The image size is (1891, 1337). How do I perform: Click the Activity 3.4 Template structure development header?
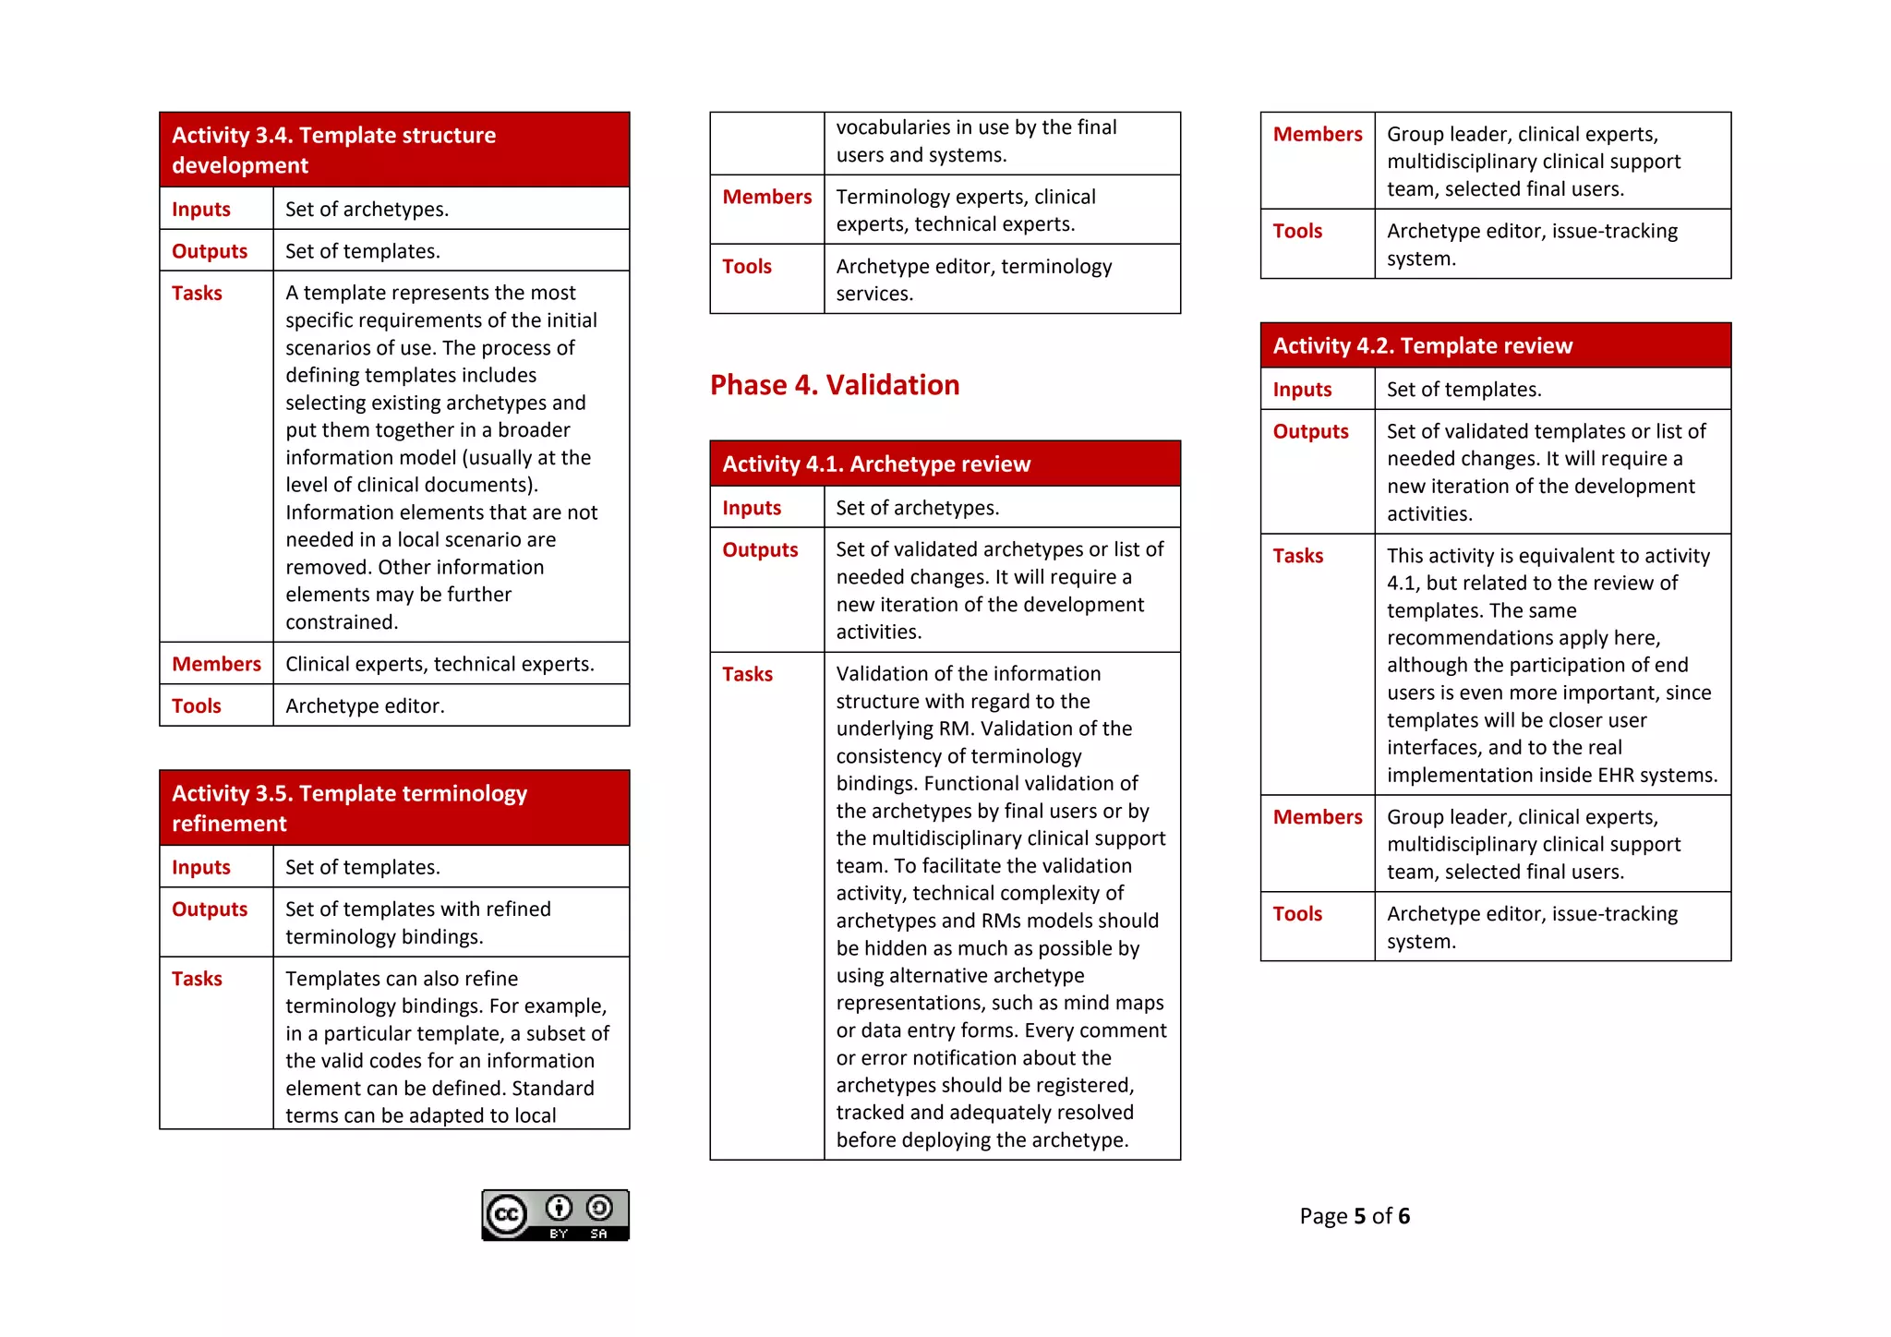tap(394, 150)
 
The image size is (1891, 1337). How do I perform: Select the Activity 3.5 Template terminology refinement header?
tap(394, 808)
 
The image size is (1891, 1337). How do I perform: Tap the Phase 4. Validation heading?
tap(835, 385)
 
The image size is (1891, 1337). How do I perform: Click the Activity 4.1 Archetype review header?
tap(945, 464)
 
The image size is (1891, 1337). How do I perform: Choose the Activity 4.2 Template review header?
tap(1495, 345)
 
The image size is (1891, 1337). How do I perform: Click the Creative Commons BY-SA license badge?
tap(555, 1215)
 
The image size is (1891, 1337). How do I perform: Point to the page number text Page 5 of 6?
tap(1354, 1216)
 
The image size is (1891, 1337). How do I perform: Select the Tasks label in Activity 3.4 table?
tap(197, 294)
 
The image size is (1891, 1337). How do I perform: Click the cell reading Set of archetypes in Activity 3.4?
tap(367, 210)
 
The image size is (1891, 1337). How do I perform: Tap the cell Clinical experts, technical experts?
tap(440, 664)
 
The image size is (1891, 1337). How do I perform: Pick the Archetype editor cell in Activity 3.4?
tap(365, 706)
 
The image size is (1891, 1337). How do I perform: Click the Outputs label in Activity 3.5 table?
tap(210, 909)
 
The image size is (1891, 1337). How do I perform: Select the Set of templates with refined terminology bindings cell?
tap(417, 922)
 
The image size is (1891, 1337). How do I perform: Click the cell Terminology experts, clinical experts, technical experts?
tap(965, 211)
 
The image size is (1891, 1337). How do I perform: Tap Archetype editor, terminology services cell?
tap(973, 280)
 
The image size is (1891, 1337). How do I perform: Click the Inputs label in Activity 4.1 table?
tap(752, 508)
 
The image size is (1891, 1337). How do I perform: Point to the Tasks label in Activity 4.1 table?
tap(747, 674)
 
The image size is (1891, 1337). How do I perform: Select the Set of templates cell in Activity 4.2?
tap(1463, 390)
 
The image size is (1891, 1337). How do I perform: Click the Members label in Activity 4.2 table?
tap(1317, 817)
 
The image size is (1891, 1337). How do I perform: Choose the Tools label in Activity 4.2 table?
tap(1297, 914)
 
